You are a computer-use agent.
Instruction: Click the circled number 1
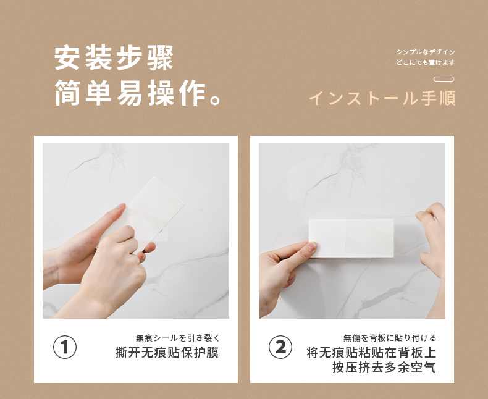(65, 347)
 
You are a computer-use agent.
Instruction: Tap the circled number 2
(280, 347)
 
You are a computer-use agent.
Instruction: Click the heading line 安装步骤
(114, 58)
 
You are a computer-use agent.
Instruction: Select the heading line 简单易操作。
(138, 93)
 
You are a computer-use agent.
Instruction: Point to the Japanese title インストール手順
(382, 98)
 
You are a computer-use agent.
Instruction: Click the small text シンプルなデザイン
(426, 52)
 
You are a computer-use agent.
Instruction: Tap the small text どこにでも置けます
(426, 62)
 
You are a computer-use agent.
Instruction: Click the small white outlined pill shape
(444, 79)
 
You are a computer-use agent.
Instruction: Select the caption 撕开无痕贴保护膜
(167, 353)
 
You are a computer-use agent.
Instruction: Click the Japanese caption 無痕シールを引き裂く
(178, 338)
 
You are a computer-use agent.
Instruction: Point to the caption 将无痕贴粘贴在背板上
(371, 353)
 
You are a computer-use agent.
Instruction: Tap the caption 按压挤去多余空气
(384, 367)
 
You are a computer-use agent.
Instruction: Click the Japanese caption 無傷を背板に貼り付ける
(390, 338)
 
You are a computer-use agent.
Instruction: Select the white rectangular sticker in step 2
(351, 238)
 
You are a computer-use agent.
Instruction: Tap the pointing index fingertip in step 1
(120, 207)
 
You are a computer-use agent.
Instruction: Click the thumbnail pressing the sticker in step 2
(311, 246)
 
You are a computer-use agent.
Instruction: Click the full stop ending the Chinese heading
(216, 100)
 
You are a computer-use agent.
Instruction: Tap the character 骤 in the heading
(160, 58)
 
